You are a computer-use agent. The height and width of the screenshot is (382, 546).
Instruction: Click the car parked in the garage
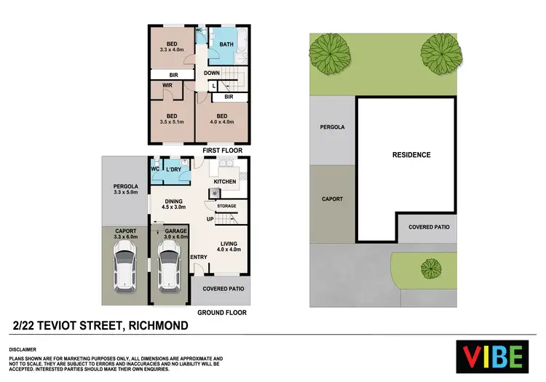click(169, 266)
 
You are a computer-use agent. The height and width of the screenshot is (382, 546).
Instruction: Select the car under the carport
click(124, 266)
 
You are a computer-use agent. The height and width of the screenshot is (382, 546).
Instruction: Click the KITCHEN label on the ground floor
click(226, 181)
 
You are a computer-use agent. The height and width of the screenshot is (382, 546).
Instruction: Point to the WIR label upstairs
click(167, 85)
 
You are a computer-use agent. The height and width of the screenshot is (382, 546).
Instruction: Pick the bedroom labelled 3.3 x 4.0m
click(172, 47)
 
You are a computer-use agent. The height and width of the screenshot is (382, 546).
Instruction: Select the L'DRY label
click(174, 170)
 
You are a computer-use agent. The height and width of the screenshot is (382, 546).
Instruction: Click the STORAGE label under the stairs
click(226, 206)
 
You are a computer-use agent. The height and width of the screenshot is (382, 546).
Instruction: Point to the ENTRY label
click(199, 257)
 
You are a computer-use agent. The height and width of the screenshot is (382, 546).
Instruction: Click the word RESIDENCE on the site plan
click(411, 155)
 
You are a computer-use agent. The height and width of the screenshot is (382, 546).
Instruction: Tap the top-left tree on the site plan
click(328, 52)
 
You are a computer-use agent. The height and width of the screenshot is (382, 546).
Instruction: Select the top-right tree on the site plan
click(441, 52)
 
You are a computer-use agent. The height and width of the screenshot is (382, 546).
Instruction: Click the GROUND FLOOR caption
click(222, 312)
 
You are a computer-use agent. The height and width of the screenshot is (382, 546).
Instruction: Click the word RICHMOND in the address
click(158, 325)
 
